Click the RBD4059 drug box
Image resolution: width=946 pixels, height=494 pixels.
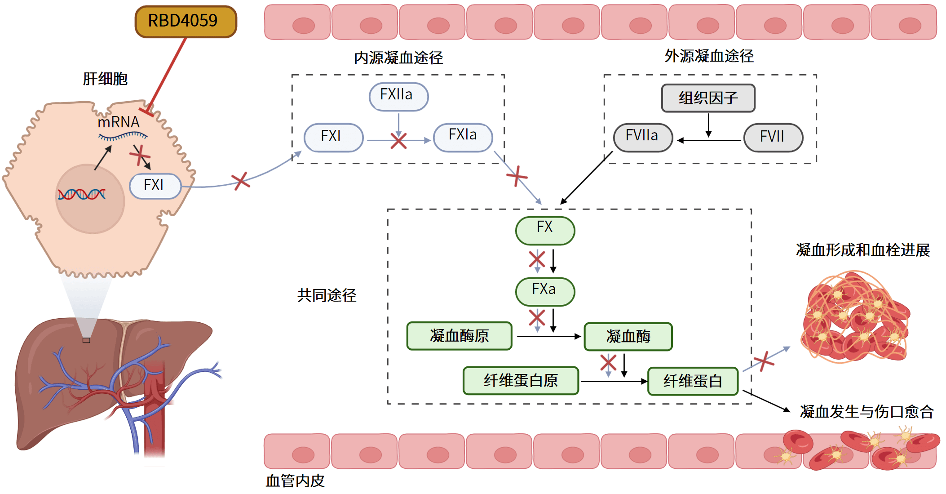186,21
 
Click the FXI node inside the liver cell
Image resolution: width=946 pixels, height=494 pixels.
155,186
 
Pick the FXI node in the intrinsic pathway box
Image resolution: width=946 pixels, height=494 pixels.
333,137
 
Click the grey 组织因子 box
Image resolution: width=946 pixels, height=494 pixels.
708,98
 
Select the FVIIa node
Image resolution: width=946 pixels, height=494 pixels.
643,137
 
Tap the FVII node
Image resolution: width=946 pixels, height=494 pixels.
773,137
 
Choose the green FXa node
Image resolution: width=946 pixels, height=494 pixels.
545,291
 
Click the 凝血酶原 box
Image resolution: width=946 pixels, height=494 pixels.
459,336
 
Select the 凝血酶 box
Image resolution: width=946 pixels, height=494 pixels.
628,336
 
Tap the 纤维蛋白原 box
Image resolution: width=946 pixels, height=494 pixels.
521,381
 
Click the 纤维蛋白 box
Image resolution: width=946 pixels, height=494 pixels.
693,381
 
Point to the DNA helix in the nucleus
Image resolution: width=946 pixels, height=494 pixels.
82,194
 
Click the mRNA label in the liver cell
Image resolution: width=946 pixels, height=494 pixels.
119,122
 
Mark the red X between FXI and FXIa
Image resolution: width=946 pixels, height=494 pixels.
398,141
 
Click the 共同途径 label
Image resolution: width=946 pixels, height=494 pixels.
327,295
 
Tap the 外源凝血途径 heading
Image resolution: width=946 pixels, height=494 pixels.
709,56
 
